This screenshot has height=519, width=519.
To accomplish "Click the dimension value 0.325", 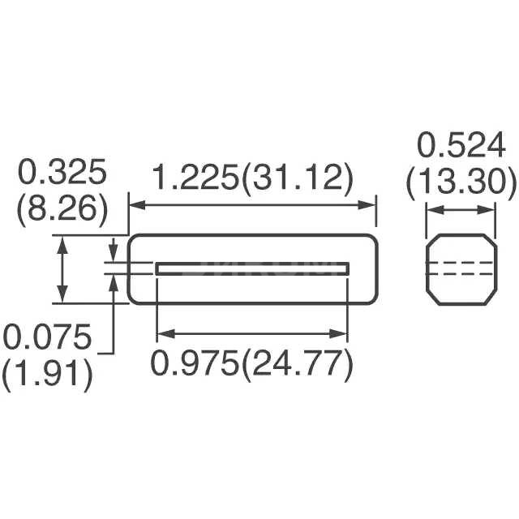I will click(x=62, y=174).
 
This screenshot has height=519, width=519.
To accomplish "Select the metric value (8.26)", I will click(x=62, y=209).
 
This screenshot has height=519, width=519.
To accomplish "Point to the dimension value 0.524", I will click(x=461, y=146).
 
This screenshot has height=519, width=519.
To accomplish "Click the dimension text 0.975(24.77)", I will click(x=252, y=365).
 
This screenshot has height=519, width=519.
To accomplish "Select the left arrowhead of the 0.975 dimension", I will click(x=161, y=332).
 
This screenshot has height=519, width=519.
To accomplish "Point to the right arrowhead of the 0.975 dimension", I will click(x=343, y=332).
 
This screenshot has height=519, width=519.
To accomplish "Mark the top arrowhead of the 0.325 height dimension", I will click(x=61, y=240).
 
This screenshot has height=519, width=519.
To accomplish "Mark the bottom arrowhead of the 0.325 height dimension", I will click(x=61, y=298).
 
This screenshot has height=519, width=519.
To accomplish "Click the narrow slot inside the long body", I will click(x=252, y=268).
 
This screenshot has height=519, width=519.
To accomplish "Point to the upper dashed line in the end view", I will click(x=461, y=263).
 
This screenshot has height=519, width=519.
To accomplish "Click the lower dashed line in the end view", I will click(x=461, y=275).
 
